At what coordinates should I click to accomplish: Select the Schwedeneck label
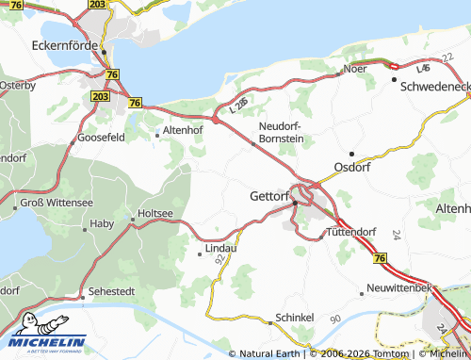click(x=434, y=85)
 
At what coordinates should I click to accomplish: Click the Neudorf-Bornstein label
click(x=281, y=131)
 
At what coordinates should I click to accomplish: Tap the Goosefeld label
click(x=101, y=137)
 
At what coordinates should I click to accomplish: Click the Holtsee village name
click(x=155, y=214)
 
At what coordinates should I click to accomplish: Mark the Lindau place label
click(x=218, y=251)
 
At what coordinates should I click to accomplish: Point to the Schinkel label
click(x=293, y=319)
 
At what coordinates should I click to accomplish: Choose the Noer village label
click(x=355, y=70)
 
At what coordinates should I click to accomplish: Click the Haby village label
click(x=101, y=224)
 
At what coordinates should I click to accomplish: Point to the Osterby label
click(x=17, y=85)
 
